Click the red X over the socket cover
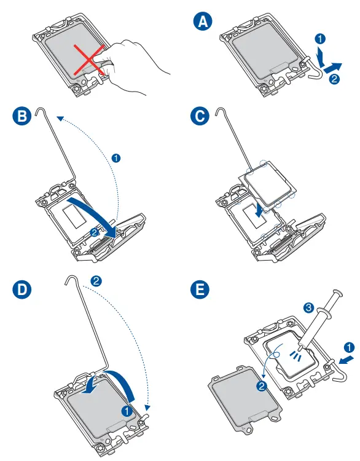click(89, 60)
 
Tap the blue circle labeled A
click(203, 22)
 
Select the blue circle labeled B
click(22, 116)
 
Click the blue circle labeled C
click(200, 116)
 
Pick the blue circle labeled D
click(22, 290)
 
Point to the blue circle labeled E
click(200, 290)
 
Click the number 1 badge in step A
click(320, 39)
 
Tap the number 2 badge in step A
click(334, 79)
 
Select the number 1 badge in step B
click(116, 158)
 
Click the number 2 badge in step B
click(95, 232)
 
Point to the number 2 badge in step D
click(96, 282)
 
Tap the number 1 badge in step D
click(127, 411)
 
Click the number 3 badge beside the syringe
click(308, 308)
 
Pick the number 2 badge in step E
click(261, 386)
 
